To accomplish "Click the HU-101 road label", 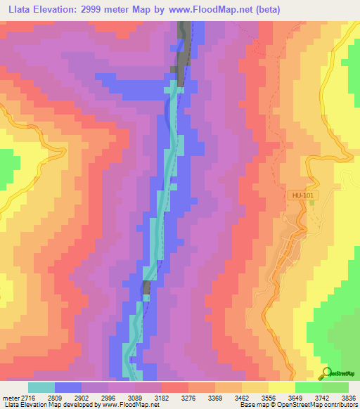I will tap(301, 192).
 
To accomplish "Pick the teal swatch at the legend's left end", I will tap(41, 387).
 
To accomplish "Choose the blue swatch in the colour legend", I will tap(68, 387).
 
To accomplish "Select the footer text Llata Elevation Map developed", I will tap(42, 405).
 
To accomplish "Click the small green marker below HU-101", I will tap(310, 202).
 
